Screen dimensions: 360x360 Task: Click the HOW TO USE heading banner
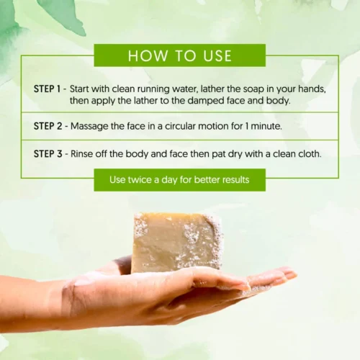coord(180,55)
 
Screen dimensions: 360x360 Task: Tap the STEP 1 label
coord(47,89)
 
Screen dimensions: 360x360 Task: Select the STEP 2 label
coord(48,126)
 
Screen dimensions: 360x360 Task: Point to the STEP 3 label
coord(48,153)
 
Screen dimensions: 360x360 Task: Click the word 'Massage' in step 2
coord(89,127)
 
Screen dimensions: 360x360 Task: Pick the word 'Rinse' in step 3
coord(81,153)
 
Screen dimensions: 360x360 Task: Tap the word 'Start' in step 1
coord(80,89)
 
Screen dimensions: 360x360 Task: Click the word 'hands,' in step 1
coord(312,89)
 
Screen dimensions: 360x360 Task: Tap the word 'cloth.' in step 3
coord(310,153)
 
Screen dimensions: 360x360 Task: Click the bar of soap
coord(178,243)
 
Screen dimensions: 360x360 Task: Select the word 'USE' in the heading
coord(217,55)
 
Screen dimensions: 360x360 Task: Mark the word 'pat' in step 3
coord(219,154)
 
